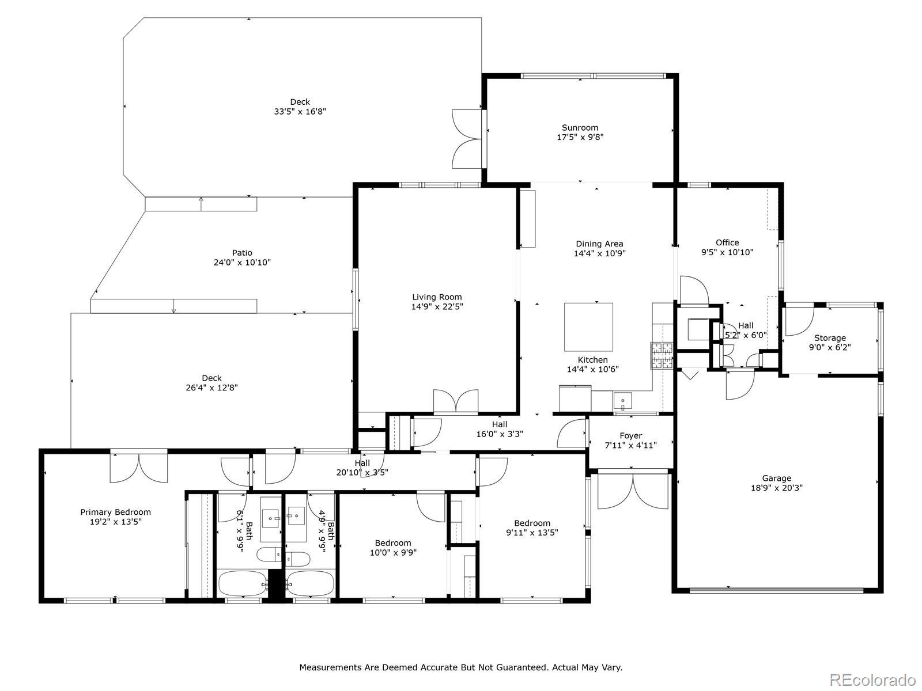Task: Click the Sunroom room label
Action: [580, 127]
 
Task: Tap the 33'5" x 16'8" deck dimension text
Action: [300, 112]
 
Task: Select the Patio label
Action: [242, 253]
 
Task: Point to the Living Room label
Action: [437, 297]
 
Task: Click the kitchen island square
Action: [588, 327]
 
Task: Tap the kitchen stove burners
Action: [662, 356]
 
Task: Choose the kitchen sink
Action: [622, 401]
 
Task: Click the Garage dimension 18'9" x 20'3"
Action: [777, 488]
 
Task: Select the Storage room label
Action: [830, 338]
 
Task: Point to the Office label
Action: [727, 242]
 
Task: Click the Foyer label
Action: [630, 436]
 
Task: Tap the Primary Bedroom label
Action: [115, 512]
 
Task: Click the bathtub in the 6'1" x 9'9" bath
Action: [243, 583]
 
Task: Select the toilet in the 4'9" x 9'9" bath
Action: [298, 559]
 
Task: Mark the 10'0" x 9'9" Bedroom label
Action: [393, 543]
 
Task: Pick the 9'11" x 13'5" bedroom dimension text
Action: [532, 533]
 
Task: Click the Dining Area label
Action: [599, 244]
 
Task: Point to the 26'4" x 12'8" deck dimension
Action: [211, 388]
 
